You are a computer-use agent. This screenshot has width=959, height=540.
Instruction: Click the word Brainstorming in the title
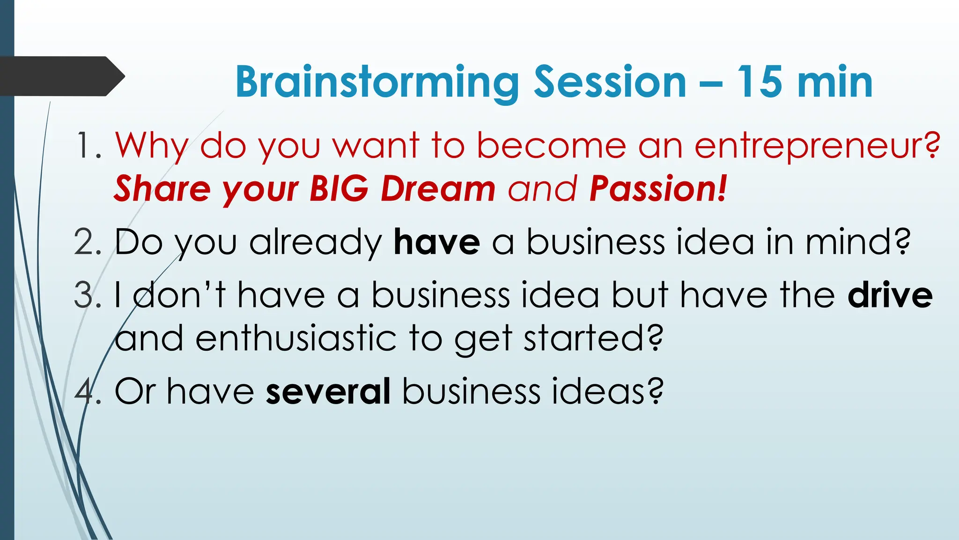coord(377,82)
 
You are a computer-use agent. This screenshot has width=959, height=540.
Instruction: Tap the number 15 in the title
coord(760,82)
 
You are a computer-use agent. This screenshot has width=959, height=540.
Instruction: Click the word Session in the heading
coord(610,82)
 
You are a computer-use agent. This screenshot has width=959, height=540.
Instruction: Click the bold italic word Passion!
coord(658,188)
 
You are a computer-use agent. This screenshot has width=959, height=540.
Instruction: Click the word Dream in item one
coord(438,188)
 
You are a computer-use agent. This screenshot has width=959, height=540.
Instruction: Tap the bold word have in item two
coord(436,242)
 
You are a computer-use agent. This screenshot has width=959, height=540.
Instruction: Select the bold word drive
coord(890,295)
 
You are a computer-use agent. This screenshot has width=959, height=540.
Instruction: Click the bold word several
coord(328,391)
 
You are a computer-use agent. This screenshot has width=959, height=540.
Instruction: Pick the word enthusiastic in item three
coord(296,338)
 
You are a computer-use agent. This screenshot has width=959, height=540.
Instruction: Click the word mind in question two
coord(857,242)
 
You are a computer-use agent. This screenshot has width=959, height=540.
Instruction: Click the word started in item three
coord(593,338)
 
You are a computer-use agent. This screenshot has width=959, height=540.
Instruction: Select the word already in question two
coord(316,243)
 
